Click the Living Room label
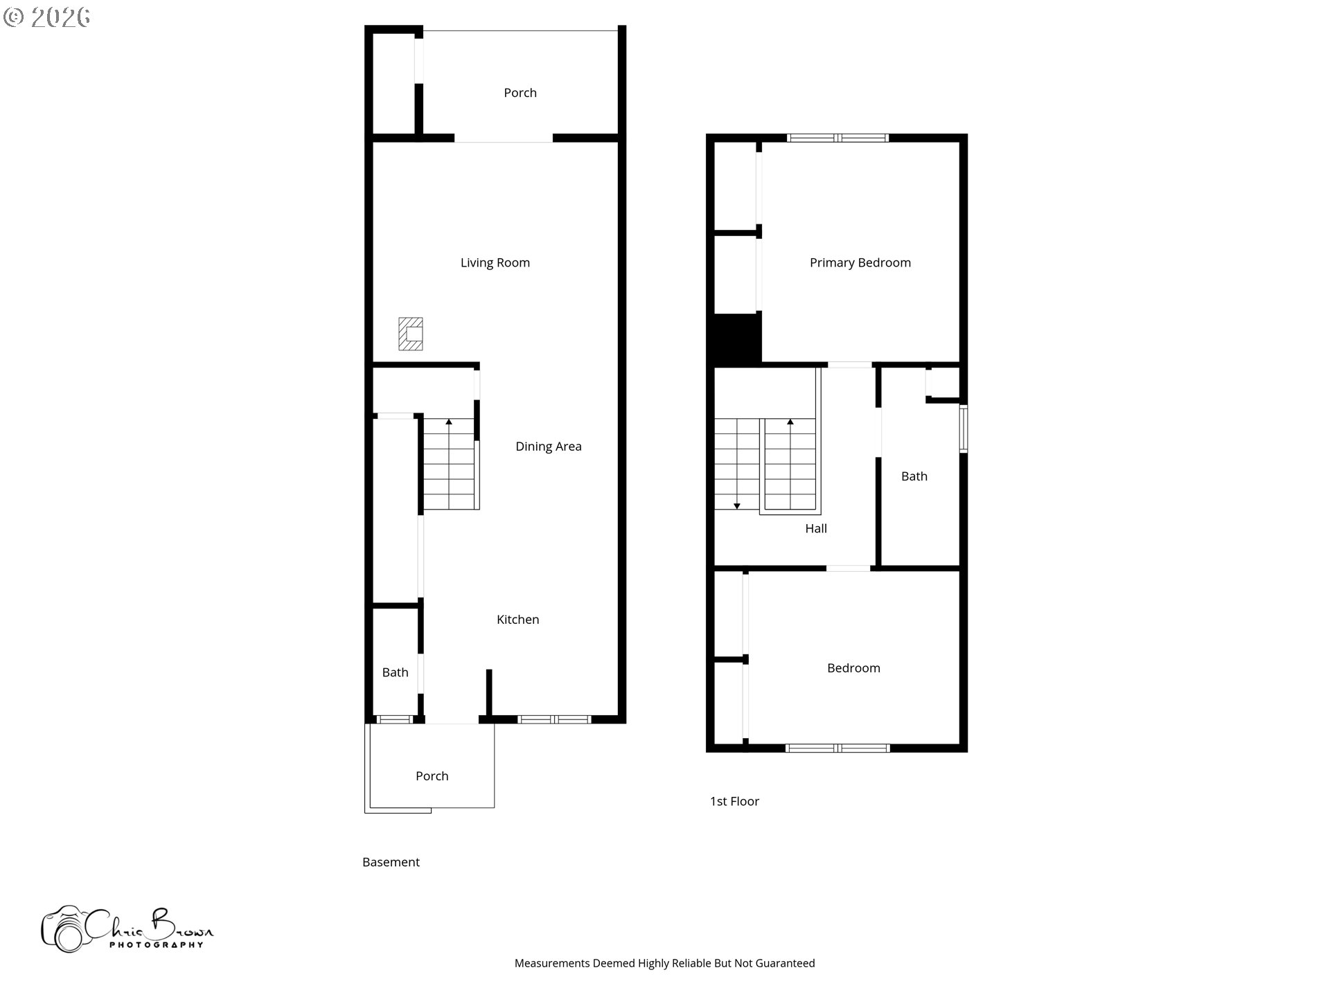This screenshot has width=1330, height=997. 495,262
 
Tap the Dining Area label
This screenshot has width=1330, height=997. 549,447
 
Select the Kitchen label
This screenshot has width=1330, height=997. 518,620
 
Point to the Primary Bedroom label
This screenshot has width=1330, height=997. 860,262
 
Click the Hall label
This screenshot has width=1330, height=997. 816,528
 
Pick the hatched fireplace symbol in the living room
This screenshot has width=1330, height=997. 411,334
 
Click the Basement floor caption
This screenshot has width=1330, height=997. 391,862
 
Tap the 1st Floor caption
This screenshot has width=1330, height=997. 735,801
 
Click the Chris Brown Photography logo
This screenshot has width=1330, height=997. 127,929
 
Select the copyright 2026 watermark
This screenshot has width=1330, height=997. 47,17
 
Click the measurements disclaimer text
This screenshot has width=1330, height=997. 665,963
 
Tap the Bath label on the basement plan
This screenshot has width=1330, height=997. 396,672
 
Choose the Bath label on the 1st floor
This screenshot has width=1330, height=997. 914,476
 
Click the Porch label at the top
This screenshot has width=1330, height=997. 520,93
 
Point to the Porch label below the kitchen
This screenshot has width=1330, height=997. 432,776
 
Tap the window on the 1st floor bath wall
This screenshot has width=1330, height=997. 964,429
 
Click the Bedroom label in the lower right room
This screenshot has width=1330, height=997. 854,668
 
